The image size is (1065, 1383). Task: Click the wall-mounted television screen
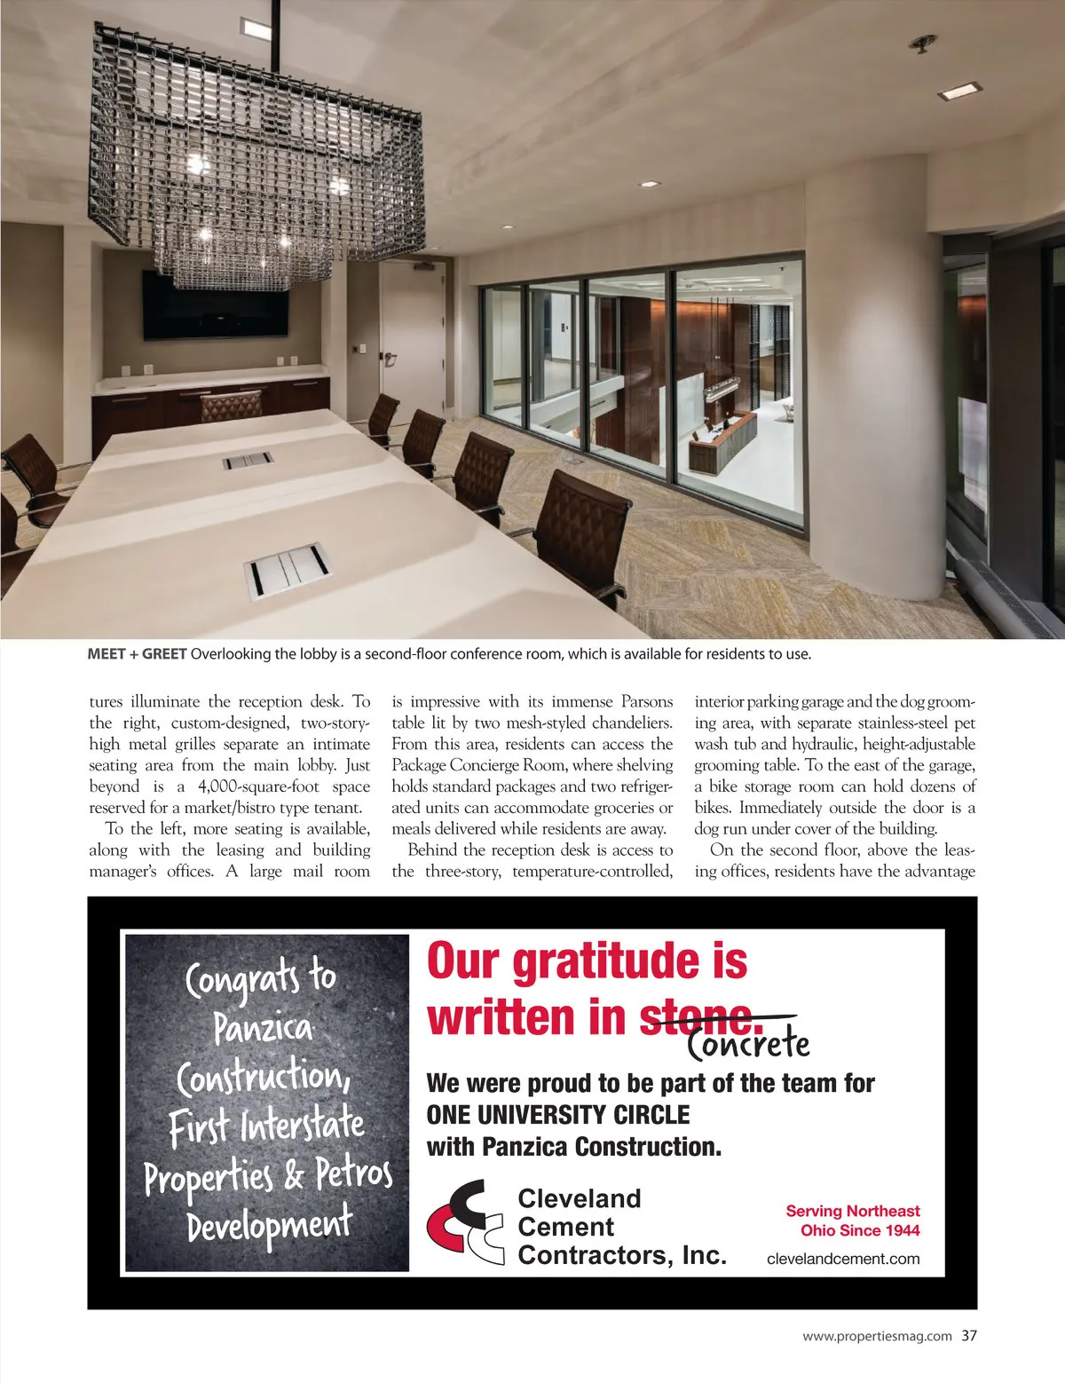click(x=216, y=304)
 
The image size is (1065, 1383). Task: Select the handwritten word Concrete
click(x=749, y=1044)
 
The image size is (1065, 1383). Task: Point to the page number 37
click(x=968, y=1335)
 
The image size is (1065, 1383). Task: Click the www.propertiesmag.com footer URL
click(x=877, y=1336)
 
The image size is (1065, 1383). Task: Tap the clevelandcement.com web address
click(x=842, y=1258)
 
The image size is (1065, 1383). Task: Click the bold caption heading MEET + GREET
click(x=138, y=655)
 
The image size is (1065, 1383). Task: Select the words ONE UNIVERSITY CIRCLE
click(x=558, y=1114)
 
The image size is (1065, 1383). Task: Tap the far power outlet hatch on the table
click(x=248, y=461)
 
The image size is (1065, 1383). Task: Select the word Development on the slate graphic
click(x=269, y=1224)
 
